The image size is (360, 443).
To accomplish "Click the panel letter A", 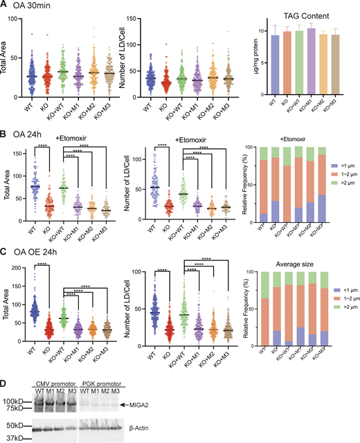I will (5, 6).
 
